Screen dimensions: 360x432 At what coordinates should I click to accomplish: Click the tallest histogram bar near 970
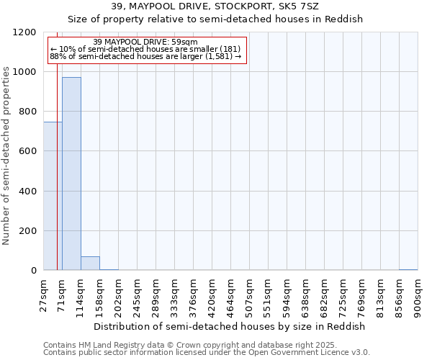coord(71,174)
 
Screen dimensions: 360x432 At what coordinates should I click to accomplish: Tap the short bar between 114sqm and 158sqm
coord(90,263)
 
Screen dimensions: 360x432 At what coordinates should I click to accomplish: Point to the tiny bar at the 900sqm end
coord(408,269)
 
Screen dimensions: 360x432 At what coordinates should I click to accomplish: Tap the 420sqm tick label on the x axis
coord(212,294)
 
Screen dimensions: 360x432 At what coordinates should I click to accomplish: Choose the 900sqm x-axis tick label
coord(418,294)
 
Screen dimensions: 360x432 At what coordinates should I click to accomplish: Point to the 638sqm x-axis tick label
coord(305,294)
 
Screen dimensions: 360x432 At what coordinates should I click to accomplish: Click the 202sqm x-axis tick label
coord(118,294)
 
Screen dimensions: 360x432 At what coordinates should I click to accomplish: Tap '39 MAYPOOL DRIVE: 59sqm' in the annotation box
coord(145,42)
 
